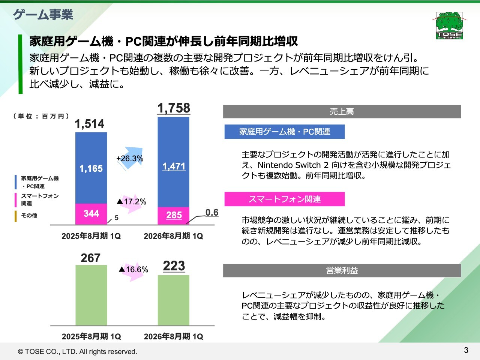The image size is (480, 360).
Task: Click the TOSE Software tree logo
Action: pyautogui.click(x=449, y=25)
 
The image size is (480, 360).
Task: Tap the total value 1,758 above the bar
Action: pyautogui.click(x=174, y=108)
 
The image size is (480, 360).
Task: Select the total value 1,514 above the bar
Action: pyautogui.click(x=90, y=124)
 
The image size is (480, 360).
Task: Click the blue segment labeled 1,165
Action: pyautogui.click(x=91, y=168)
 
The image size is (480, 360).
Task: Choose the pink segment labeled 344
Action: pyautogui.click(x=91, y=214)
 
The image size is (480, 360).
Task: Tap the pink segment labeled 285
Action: pyautogui.click(x=174, y=216)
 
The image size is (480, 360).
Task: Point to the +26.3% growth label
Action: pyautogui.click(x=130, y=159)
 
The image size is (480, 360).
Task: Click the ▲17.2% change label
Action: pyautogui.click(x=132, y=202)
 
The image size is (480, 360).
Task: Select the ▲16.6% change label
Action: pyautogui.click(x=133, y=270)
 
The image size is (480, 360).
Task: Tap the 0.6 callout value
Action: pyautogui.click(x=212, y=213)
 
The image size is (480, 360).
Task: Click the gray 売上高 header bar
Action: pyautogui.click(x=342, y=112)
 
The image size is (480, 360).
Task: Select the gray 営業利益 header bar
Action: pyautogui.click(x=342, y=270)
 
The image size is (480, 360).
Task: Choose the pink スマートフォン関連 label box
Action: pyautogui.click(x=284, y=199)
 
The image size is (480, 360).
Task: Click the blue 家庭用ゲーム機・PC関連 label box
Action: pyautogui.click(x=284, y=132)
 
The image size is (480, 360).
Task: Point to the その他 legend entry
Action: pyautogui.click(x=29, y=216)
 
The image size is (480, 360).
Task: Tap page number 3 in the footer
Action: pyautogui.click(x=466, y=350)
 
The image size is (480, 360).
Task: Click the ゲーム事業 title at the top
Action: pyautogui.click(x=43, y=15)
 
